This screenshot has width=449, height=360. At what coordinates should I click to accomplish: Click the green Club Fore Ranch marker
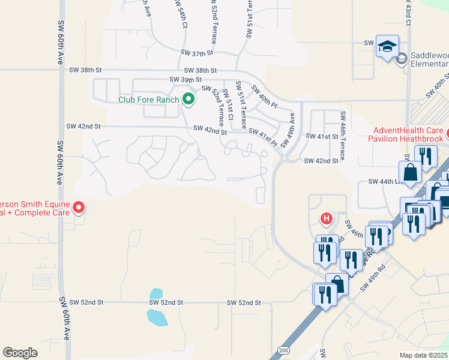[188, 100]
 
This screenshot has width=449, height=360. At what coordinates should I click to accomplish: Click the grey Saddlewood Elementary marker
[402, 58]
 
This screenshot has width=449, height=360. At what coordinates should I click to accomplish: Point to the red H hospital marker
[327, 218]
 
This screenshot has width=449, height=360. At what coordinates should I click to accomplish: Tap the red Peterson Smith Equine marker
[79, 208]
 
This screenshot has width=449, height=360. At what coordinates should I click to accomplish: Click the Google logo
[20, 353]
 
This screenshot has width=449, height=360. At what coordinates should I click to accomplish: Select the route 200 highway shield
[283, 349]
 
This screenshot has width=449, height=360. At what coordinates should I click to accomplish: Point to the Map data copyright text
[424, 355]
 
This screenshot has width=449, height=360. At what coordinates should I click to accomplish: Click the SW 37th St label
[197, 53]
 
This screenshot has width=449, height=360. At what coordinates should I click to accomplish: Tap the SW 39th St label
[185, 79]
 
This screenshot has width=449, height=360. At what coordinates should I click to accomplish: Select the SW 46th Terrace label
[343, 136]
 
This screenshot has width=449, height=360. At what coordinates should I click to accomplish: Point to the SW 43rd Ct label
[408, 12]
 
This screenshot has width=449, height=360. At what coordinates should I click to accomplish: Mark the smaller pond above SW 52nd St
[155, 294]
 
